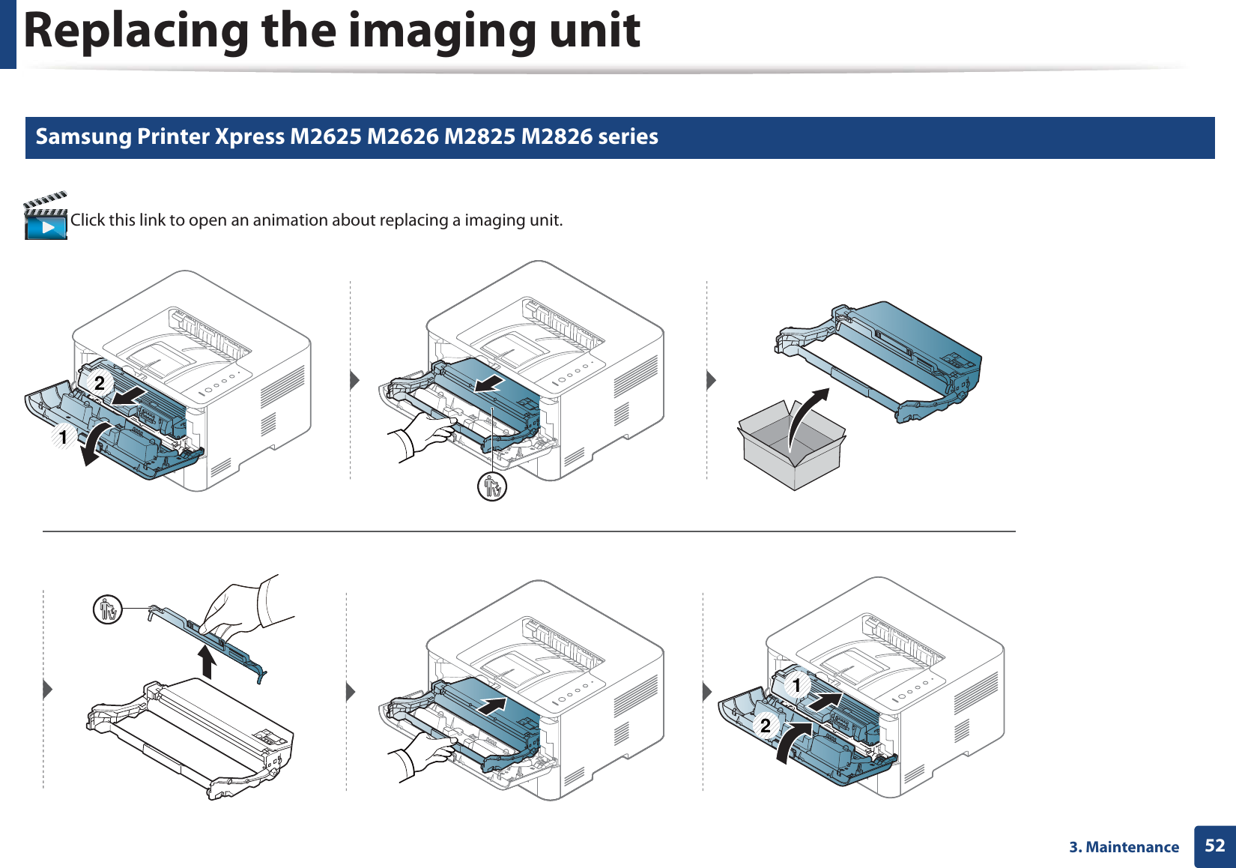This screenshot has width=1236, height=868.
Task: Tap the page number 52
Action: (1214, 846)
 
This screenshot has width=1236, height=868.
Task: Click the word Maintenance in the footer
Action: (1133, 847)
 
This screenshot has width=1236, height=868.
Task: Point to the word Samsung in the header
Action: (83, 137)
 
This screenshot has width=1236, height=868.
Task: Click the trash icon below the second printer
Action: (491, 487)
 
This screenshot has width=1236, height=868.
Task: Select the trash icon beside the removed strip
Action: (108, 609)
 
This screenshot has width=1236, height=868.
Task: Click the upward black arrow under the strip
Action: (207, 661)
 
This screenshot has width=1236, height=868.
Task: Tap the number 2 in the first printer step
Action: (100, 382)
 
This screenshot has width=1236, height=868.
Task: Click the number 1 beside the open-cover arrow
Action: (64, 437)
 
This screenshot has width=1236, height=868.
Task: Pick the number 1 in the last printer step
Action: (796, 685)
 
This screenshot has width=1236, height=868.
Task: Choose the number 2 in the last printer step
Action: (766, 726)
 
